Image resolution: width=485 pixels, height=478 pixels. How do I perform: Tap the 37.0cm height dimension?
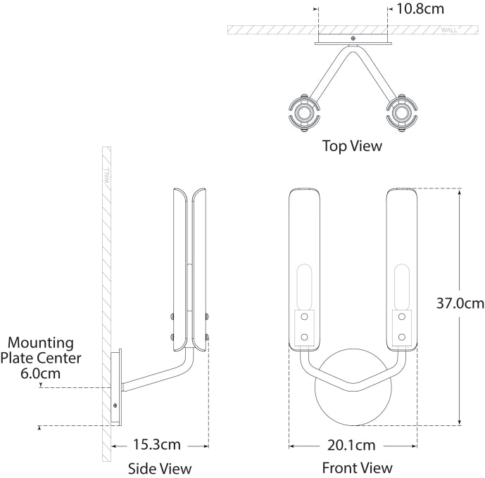click(459, 304)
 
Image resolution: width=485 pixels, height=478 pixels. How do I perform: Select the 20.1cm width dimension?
click(351, 445)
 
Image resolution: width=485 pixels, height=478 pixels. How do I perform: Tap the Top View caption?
click(353, 146)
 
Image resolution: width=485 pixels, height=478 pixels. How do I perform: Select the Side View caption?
click(160, 468)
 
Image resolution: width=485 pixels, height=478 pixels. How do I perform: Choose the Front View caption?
click(358, 468)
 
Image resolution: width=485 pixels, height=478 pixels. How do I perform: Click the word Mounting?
click(41, 343)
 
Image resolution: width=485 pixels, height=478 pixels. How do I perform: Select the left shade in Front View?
click(304, 267)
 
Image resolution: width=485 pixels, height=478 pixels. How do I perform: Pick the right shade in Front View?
click(402, 267)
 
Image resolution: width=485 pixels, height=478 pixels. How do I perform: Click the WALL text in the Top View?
click(448, 30)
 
